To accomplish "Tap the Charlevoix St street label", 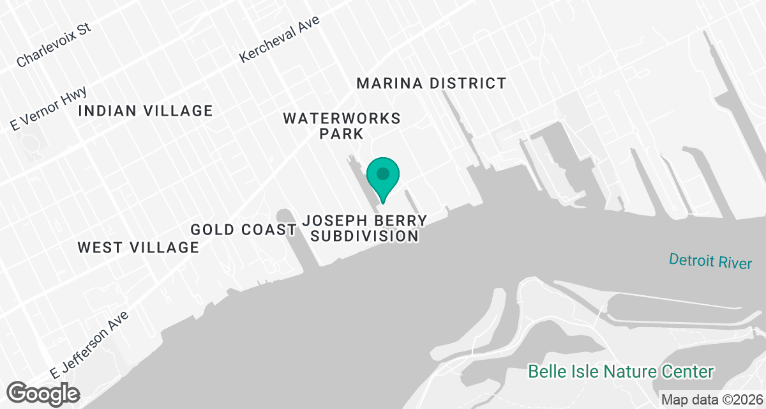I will point(54,45).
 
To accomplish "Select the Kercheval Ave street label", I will point(279,39).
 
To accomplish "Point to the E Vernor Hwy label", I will point(49,109).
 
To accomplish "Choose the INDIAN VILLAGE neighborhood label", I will point(145,111).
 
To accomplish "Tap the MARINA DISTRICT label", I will point(432,83).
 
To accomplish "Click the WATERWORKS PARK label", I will point(342,126).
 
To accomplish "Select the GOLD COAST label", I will point(243,229).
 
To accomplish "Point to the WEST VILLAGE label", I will point(139,247).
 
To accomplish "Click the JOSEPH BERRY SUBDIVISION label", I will point(364,228).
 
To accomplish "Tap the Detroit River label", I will point(710,261).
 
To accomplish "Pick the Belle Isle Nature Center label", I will point(621,371).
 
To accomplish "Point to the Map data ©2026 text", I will point(711,399).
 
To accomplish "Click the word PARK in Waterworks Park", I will point(342,134).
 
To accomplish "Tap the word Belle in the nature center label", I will point(544,371).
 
